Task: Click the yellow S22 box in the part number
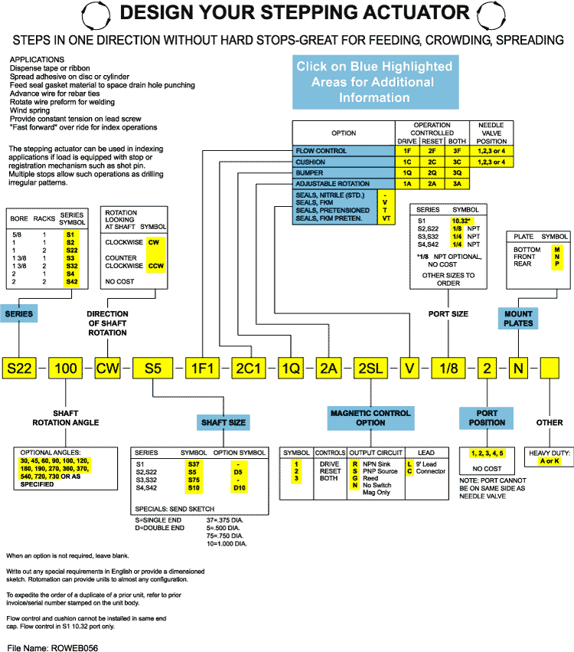click(20, 368)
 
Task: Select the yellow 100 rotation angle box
click(67, 368)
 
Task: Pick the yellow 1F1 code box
click(204, 368)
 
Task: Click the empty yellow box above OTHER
click(550, 368)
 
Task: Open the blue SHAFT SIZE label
click(223, 422)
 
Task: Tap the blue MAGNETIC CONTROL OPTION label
click(371, 418)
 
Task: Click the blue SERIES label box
click(19, 314)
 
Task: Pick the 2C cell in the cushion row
click(432, 162)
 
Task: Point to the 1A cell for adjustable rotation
click(408, 184)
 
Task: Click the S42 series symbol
click(70, 282)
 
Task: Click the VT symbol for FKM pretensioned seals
click(386, 218)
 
